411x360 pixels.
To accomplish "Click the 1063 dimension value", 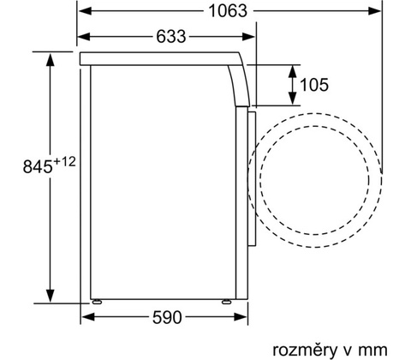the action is point(228,11).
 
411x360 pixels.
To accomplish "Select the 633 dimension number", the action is point(171,37).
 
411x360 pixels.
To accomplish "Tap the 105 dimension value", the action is point(314,85).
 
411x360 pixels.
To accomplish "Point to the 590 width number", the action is point(167,317).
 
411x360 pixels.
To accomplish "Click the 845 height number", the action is point(38,166).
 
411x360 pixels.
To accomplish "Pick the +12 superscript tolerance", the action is point(64,162).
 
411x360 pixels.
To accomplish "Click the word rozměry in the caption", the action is point(305,351).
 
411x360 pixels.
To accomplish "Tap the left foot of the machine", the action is point(97,301).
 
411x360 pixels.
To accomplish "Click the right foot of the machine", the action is point(227,301).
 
